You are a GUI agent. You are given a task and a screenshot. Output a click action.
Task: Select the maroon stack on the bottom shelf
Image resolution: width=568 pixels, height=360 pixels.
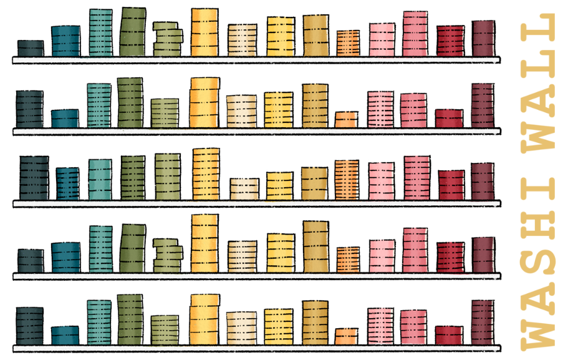[483, 323]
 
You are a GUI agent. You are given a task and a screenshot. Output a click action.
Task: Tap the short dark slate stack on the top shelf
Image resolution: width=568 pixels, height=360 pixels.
[31, 49]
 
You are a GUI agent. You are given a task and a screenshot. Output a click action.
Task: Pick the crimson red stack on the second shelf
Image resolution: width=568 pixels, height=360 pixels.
[449, 119]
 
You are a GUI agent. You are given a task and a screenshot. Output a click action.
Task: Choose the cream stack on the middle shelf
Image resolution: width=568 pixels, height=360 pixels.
[244, 189]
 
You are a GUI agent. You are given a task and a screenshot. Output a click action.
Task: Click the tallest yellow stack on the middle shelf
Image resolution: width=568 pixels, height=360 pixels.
[206, 174]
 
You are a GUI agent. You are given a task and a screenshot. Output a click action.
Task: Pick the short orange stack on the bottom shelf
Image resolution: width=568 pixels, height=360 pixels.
[346, 336]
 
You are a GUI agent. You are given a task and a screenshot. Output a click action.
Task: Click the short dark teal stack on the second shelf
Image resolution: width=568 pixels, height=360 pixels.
[65, 119]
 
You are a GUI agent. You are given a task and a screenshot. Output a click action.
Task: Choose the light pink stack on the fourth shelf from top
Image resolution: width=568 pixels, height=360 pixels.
[382, 256]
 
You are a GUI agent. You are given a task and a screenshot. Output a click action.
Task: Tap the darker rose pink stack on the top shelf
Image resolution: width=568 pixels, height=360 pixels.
[415, 34]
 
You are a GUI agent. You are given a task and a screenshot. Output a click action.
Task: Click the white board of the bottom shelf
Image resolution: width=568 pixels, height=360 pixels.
[256, 348]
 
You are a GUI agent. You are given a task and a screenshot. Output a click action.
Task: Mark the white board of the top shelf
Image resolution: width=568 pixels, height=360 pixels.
[256, 60]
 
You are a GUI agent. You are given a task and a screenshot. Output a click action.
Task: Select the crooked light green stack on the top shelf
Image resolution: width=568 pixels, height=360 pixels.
[167, 40]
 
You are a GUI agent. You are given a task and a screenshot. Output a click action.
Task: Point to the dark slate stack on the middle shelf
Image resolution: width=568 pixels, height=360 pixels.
[34, 178]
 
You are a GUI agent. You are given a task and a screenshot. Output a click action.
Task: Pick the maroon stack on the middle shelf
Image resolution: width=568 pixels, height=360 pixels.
[483, 182]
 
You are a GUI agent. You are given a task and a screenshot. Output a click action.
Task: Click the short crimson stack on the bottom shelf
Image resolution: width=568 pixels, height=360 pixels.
[449, 335]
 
